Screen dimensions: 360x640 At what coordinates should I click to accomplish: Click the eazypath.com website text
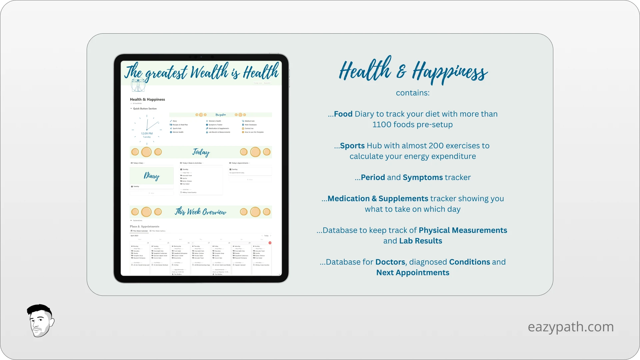coord(571,327)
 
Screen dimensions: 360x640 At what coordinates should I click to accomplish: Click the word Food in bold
coord(343,114)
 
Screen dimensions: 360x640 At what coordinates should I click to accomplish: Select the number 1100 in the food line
coord(382,125)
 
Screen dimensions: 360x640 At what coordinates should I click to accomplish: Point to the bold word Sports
coord(352,146)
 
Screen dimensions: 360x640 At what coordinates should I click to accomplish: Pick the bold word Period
coord(373,177)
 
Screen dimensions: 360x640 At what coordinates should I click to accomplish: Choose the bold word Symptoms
coord(423,177)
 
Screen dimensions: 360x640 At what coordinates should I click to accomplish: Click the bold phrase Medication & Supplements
coord(378,199)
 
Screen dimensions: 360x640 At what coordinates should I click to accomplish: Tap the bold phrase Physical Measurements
coord(463,230)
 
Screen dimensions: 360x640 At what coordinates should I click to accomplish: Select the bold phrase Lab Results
coord(421,241)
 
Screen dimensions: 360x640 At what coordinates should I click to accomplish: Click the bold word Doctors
coord(390,262)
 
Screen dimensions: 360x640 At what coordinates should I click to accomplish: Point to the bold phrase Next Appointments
coord(413,273)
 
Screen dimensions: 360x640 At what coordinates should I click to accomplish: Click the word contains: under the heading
coord(413,93)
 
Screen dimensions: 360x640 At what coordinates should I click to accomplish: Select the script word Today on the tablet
coord(201,152)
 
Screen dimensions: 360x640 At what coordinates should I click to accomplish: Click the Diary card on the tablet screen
coord(152,176)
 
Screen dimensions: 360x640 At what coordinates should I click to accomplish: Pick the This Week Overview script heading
coord(201,212)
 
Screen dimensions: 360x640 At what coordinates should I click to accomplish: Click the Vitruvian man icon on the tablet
coord(138,85)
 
